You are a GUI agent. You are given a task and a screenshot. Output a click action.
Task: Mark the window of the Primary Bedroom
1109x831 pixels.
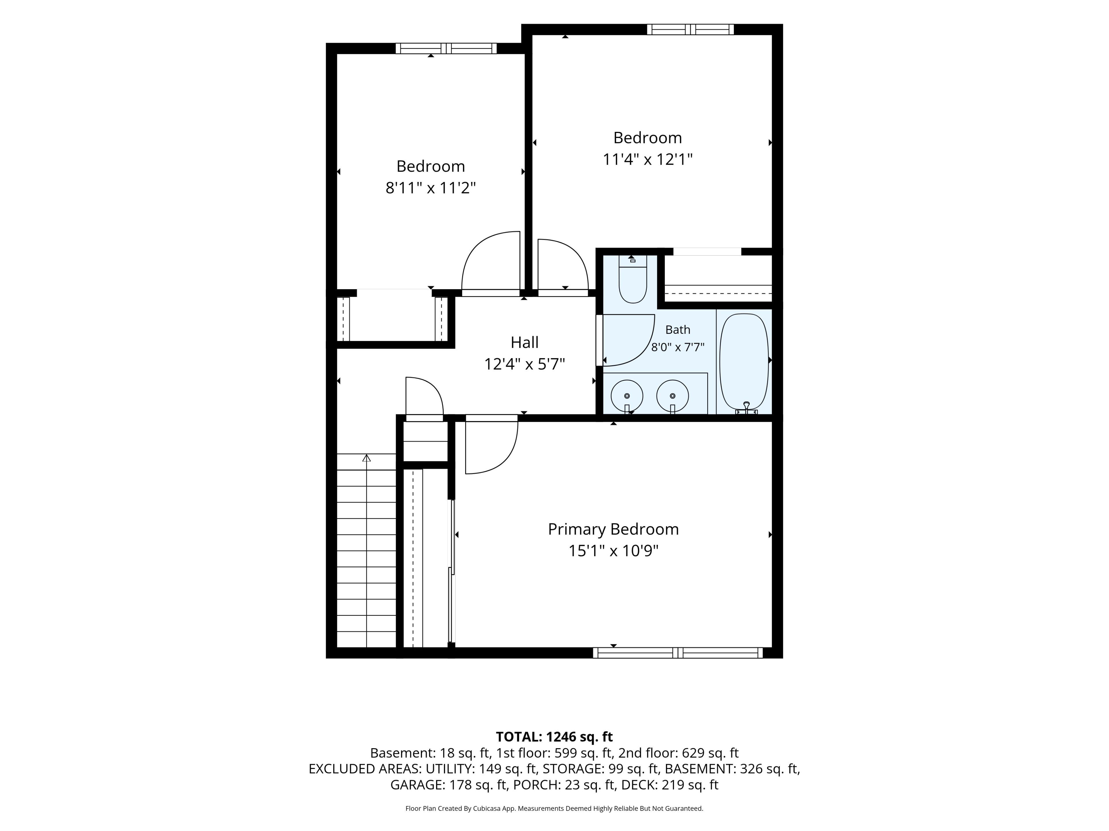point(678,653)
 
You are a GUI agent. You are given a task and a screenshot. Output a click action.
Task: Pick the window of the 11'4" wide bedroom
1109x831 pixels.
point(690,29)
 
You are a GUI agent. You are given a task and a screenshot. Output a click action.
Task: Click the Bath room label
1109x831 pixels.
point(678,330)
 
